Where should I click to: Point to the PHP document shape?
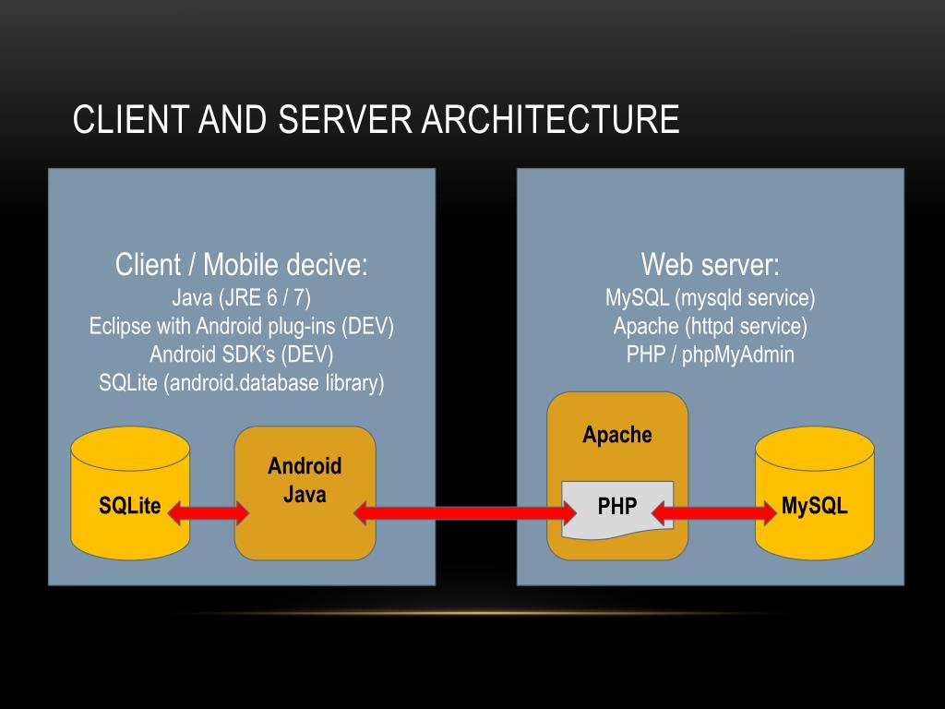tap(616, 508)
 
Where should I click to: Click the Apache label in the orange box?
tap(616, 435)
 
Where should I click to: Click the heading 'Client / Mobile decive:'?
tap(241, 266)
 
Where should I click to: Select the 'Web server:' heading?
tap(710, 266)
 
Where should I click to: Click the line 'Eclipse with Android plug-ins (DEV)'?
tap(241, 327)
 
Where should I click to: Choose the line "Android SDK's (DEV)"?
tap(241, 354)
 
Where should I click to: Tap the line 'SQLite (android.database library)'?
tap(241, 383)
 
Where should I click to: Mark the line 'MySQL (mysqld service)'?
tap(710, 298)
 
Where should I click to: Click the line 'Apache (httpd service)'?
tap(710, 327)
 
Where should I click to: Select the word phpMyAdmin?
tap(738, 355)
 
